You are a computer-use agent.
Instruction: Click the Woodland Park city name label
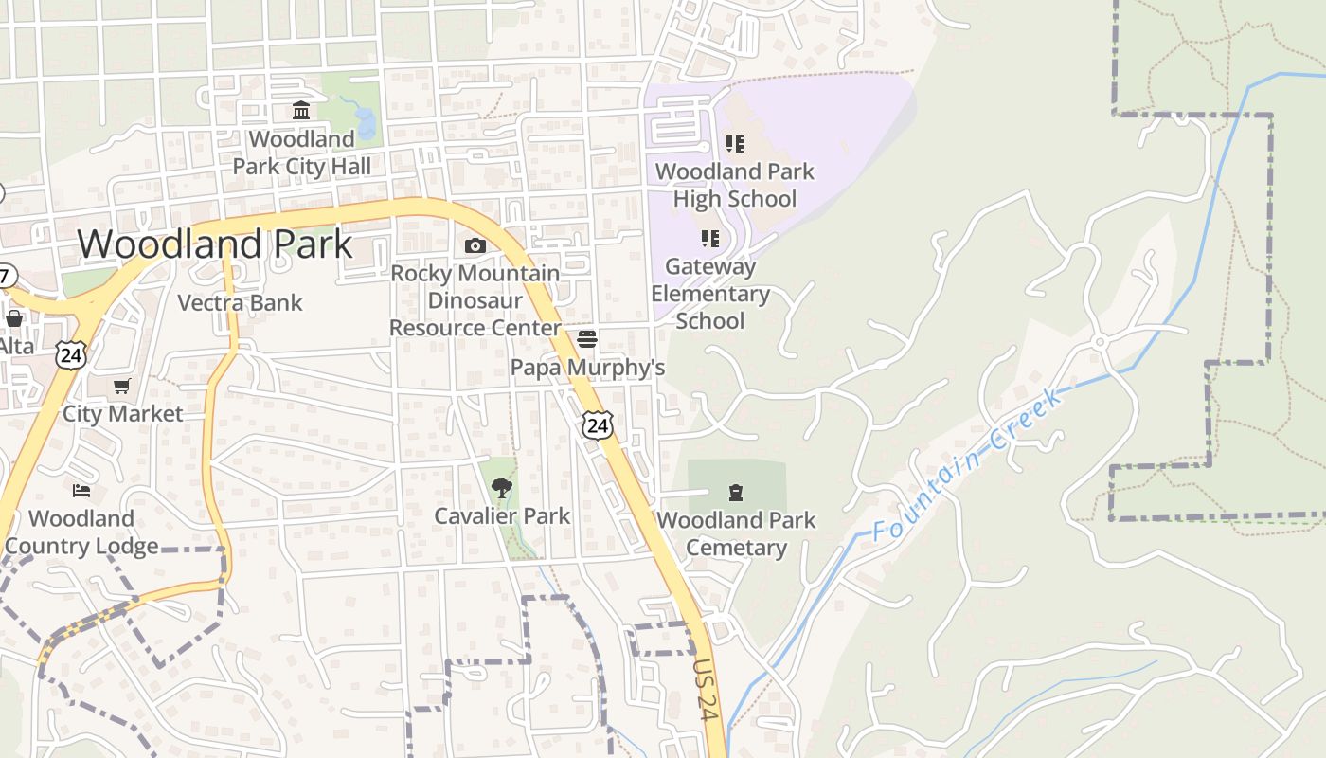click(215, 244)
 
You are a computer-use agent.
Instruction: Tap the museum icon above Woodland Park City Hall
click(301, 111)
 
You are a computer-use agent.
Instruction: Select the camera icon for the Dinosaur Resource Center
click(475, 246)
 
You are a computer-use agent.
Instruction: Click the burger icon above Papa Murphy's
click(587, 338)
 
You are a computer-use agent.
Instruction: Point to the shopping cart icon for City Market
click(121, 386)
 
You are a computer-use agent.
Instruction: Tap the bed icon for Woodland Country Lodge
click(82, 490)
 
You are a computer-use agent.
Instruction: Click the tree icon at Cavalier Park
click(501, 488)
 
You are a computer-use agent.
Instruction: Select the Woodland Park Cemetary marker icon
click(735, 493)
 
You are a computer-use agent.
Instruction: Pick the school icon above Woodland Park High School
click(735, 144)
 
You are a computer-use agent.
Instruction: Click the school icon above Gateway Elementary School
click(709, 238)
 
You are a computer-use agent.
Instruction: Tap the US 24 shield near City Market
click(70, 355)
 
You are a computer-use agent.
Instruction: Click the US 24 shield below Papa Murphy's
click(597, 425)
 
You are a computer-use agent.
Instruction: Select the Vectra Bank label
click(241, 303)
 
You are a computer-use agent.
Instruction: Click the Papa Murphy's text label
click(587, 368)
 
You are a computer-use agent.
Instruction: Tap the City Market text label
click(122, 414)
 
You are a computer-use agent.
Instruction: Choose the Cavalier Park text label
click(502, 516)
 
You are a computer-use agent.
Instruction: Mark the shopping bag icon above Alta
click(14, 317)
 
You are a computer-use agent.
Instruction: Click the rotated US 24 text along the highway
click(705, 690)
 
